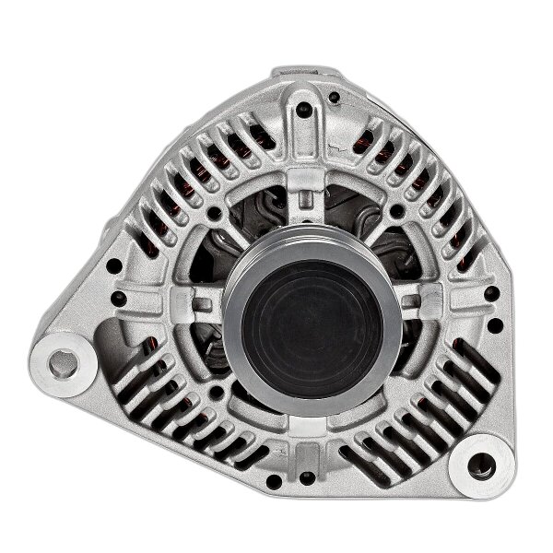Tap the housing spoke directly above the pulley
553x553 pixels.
point(305,189)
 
